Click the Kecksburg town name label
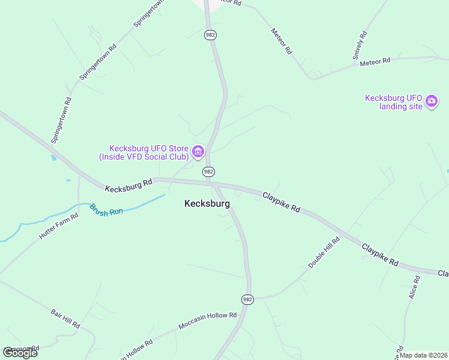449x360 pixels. [x=206, y=203]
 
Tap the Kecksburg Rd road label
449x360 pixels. [x=128, y=186]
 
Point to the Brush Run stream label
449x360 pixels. [x=106, y=210]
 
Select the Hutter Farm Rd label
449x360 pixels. [x=59, y=227]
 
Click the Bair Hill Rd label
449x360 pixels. [x=65, y=317]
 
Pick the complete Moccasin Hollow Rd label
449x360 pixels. [x=208, y=320]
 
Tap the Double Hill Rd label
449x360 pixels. [x=324, y=252]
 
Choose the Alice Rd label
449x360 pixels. [x=414, y=288]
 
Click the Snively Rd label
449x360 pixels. [x=360, y=46]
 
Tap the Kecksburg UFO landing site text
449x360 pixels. [x=394, y=102]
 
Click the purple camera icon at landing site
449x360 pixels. [x=431, y=101]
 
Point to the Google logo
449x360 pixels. [x=20, y=352]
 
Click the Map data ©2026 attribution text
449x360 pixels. [x=423, y=355]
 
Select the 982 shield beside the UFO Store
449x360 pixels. [x=208, y=172]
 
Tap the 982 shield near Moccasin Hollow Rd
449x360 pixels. [x=248, y=299]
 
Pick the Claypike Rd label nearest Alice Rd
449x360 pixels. [x=380, y=254]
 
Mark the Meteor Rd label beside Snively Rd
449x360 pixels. [x=375, y=61]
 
